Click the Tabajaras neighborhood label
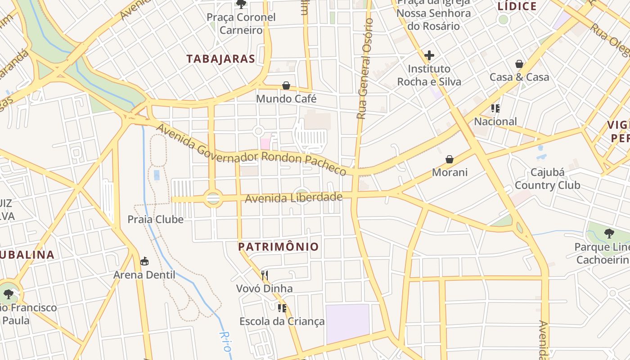tap(220, 58)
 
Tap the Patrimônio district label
tap(278, 247)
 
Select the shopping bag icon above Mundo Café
tap(286, 85)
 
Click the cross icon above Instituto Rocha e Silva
tap(429, 55)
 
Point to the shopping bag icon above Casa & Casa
tap(519, 64)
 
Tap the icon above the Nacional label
tap(495, 108)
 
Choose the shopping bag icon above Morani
tap(449, 159)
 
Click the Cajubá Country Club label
tap(547, 179)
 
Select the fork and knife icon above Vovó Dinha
tap(265, 275)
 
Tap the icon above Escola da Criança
tap(282, 308)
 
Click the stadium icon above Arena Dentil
tap(144, 261)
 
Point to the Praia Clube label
tap(155, 220)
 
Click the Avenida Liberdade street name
tap(293, 198)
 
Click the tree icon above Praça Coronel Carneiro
tap(241, 4)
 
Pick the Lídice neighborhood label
tap(517, 6)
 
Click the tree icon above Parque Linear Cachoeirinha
tap(609, 234)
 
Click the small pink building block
tap(265, 144)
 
